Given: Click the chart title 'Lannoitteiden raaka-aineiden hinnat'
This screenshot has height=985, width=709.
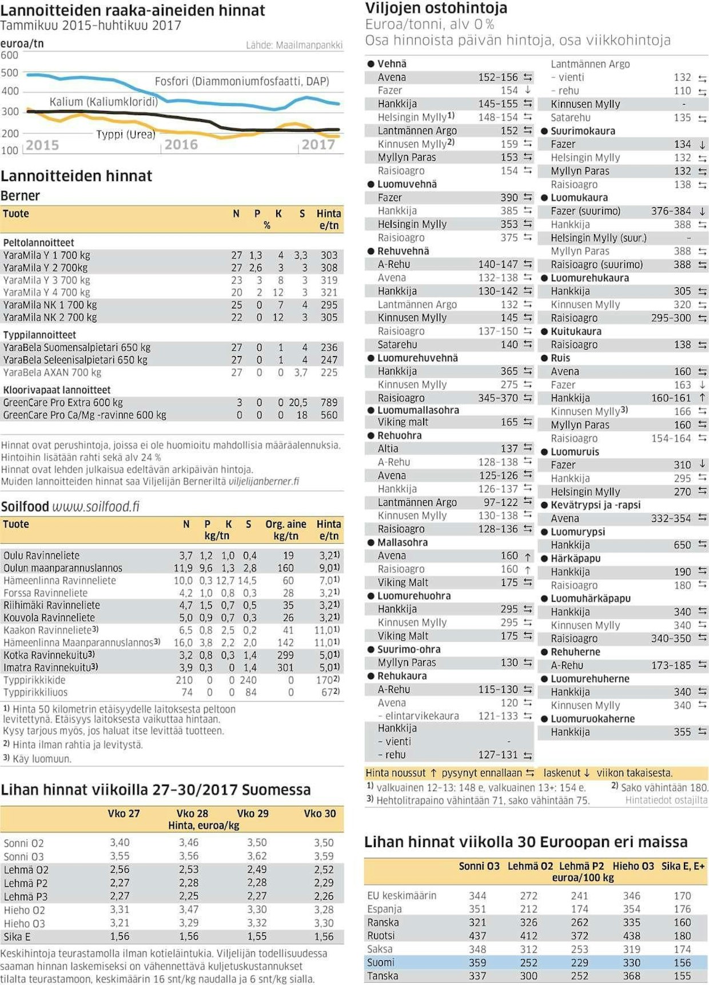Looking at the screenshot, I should [x=133, y=10].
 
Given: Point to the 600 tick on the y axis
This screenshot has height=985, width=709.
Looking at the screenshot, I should [x=10, y=56].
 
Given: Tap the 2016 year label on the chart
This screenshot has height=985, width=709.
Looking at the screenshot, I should [x=181, y=145].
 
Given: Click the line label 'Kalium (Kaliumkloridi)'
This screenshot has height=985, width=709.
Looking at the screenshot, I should [x=103, y=102].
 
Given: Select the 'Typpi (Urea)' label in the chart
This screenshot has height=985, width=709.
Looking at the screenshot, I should [x=126, y=135].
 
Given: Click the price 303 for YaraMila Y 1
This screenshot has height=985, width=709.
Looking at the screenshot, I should [x=329, y=255].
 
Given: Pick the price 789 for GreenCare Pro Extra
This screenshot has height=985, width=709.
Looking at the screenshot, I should [x=329, y=402].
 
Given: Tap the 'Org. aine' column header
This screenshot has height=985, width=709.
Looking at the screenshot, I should [x=285, y=524].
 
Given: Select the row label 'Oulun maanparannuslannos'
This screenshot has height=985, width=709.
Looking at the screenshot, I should [x=63, y=568].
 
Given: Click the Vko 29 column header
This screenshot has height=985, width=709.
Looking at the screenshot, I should [x=253, y=813].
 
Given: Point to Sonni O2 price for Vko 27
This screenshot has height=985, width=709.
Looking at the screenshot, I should [x=120, y=842].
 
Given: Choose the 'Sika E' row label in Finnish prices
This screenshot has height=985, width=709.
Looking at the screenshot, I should [x=17, y=937].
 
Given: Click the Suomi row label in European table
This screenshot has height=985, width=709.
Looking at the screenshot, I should [x=381, y=963].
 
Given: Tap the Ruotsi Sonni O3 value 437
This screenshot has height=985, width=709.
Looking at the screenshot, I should [x=477, y=936].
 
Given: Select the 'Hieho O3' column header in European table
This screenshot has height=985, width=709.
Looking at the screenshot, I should [x=633, y=866].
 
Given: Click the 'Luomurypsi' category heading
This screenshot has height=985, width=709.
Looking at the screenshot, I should [x=577, y=532].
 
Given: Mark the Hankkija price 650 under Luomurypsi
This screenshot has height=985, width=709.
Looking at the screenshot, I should [x=682, y=545].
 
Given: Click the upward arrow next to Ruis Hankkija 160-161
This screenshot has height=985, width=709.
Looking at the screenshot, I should [x=702, y=398].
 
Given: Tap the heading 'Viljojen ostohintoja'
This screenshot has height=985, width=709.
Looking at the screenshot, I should [x=436, y=9].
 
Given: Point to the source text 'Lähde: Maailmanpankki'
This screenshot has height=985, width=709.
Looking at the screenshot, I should [x=294, y=45].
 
